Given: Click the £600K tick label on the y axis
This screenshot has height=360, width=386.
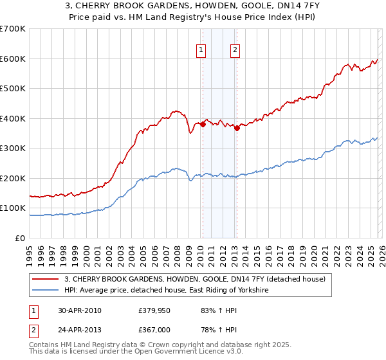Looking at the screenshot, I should coord(13,59).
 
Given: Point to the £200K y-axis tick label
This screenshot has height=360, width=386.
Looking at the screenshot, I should coord(13,178).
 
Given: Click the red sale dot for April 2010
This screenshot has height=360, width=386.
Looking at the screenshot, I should coord(203,125).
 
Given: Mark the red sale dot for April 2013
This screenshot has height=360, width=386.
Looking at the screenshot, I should coord(237,128).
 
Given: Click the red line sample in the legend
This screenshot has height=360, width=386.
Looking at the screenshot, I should coord(46,279).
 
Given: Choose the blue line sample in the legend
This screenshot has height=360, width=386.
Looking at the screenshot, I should coord(46,291).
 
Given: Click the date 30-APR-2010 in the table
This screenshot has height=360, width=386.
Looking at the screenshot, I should coord(80,310).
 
